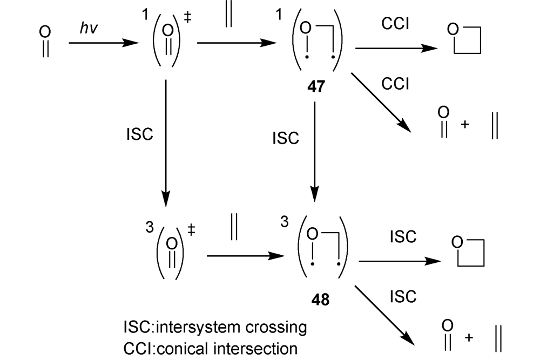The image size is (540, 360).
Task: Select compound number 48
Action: (x=320, y=298)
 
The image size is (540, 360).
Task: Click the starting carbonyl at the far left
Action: (x=45, y=42)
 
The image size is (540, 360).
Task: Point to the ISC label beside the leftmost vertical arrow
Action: (x=139, y=135)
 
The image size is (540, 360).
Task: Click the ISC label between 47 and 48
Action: (x=285, y=138)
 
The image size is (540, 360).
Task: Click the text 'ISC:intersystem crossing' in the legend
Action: (x=215, y=328)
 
